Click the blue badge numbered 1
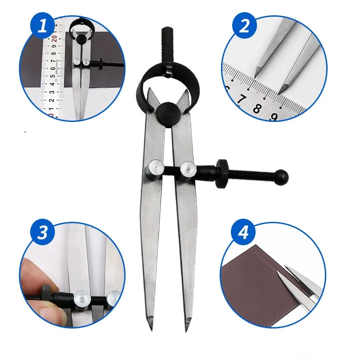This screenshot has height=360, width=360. [43, 26]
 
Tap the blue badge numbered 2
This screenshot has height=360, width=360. [244, 26]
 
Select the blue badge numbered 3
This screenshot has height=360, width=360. [43, 233]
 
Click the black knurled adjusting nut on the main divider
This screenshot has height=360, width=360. [224, 173]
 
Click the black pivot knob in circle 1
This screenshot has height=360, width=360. [81, 40]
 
